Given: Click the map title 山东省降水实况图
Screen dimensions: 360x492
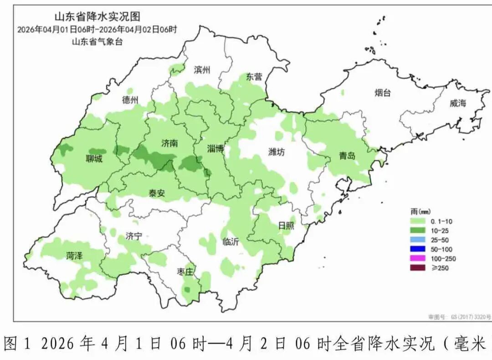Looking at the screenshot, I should point(97,17).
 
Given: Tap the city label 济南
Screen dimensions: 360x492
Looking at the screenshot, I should point(169,143).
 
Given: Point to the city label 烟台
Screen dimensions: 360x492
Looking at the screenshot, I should point(383,93).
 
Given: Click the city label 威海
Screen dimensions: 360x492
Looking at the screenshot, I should point(458,103).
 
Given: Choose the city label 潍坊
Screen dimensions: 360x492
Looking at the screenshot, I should point(276,152).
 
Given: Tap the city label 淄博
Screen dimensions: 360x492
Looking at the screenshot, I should point(215,148).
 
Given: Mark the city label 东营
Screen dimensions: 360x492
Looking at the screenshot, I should point(254,76).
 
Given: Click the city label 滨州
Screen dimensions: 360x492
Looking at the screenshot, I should point(202,70).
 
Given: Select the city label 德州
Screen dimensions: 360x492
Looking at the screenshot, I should point(130,100).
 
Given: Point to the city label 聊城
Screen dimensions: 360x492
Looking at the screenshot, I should point(94,159).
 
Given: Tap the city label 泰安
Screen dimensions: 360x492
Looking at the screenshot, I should point(157,193).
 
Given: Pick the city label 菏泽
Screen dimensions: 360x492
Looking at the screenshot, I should point(74,255).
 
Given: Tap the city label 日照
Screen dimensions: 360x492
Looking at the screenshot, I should point(286,225).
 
